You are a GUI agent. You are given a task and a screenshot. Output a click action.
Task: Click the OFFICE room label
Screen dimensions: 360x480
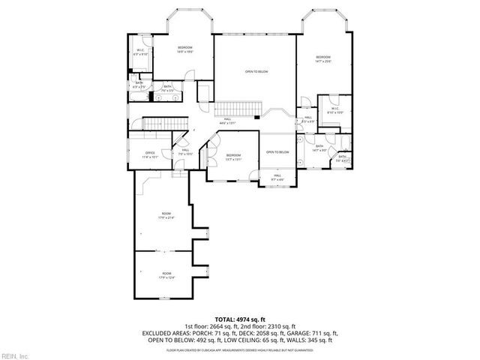point(150,153)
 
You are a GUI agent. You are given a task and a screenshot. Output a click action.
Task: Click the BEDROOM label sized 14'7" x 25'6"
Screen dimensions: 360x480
point(323,57)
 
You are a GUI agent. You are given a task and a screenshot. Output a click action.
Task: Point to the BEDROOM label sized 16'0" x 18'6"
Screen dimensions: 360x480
point(185,48)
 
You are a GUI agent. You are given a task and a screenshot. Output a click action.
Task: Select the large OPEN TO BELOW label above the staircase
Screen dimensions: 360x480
point(256,71)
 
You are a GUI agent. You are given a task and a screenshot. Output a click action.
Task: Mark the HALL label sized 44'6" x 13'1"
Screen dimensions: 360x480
point(227,119)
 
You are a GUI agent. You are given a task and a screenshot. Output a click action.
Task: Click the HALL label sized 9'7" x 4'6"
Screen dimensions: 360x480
point(277,175)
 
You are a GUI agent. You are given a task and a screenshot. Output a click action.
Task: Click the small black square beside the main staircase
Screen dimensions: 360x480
point(257,116)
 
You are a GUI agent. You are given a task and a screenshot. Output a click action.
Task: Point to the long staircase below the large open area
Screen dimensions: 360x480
point(232,106)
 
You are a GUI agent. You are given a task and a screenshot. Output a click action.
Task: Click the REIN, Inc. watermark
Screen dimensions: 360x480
point(15,355)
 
